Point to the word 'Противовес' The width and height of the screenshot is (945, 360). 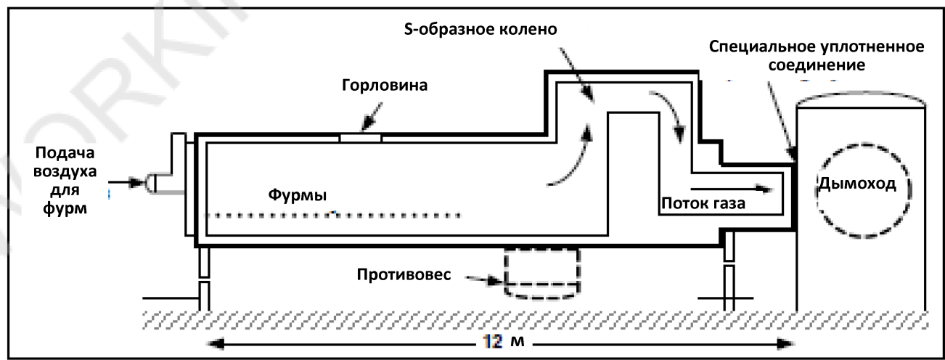(x=404, y=277)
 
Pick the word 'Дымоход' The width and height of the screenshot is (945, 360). (x=856, y=184)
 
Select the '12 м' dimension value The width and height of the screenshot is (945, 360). (x=501, y=342)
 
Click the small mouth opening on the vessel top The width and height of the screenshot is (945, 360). (x=360, y=136)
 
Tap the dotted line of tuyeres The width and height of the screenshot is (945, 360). (x=334, y=216)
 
